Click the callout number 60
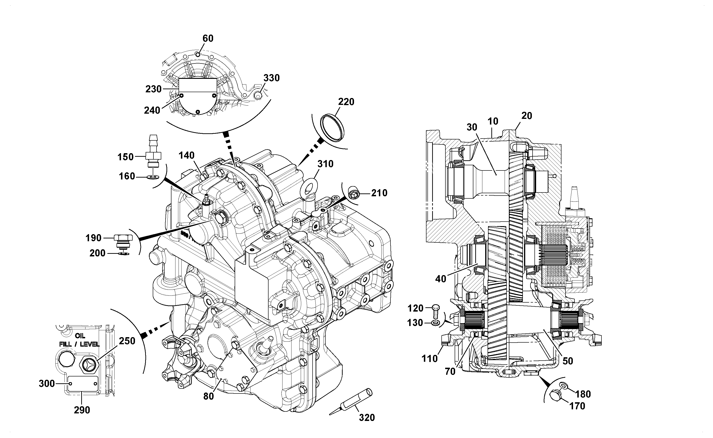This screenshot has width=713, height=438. tap(208, 38)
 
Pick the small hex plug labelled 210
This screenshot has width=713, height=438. tap(354, 193)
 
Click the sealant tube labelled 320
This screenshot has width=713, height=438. tap(351, 402)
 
